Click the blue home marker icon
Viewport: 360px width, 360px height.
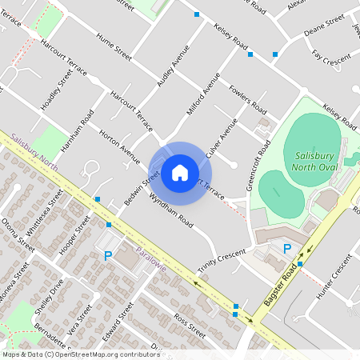coord(180,172)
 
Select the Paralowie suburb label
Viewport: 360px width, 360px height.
coord(150,258)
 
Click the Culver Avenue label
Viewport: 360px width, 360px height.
coord(222,136)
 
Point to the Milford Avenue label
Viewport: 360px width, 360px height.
coord(203,94)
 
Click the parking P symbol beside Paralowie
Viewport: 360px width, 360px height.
coord(108,255)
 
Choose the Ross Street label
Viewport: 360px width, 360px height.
coord(190,325)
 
